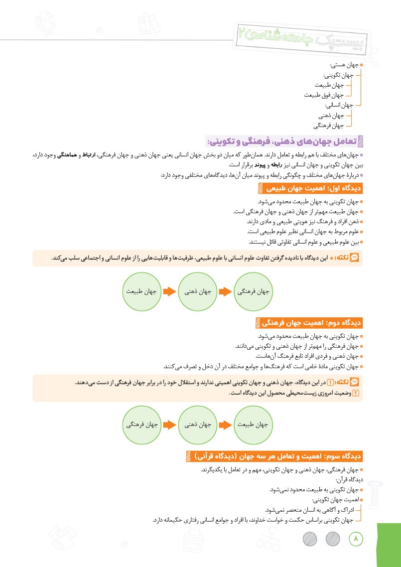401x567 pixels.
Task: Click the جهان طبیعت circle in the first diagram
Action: pyautogui.click(x=141, y=291)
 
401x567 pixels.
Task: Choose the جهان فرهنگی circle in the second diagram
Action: pyautogui.click(x=141, y=425)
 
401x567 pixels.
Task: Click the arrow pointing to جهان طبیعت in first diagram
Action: pyautogui.click(x=170, y=291)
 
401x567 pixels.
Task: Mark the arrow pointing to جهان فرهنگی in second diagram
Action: pyautogui.click(x=170, y=425)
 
